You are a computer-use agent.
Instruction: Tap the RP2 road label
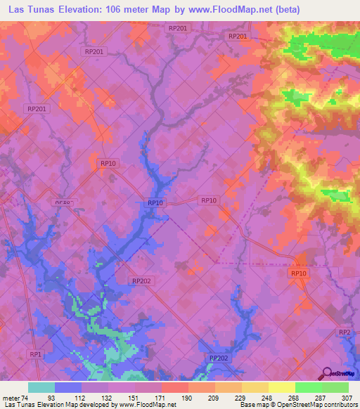345,332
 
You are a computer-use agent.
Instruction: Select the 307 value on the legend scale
347,398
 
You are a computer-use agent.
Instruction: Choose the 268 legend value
294,398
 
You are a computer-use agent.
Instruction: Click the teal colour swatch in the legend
41,387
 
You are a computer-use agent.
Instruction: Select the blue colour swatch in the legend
67,387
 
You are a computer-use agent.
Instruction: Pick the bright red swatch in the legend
174,387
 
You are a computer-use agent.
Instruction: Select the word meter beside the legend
11,398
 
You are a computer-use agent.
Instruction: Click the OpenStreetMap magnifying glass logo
326,373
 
